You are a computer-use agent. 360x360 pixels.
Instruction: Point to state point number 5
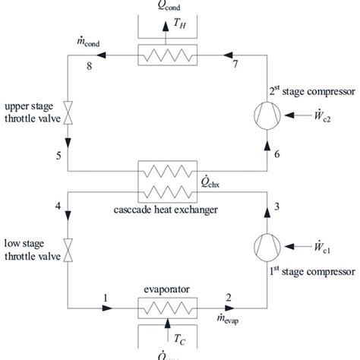[58, 156]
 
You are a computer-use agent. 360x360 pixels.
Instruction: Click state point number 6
[277, 155]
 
